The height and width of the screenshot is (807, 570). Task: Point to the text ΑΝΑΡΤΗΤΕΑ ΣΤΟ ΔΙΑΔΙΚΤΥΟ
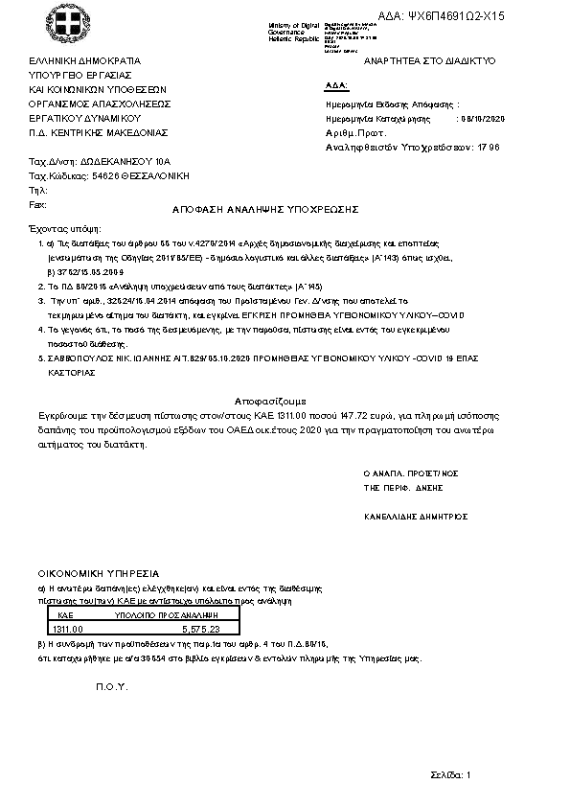(429, 60)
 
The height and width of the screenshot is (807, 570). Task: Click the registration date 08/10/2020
(482, 118)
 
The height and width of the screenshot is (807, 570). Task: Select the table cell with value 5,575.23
(200, 629)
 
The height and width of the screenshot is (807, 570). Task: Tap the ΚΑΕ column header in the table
(66, 614)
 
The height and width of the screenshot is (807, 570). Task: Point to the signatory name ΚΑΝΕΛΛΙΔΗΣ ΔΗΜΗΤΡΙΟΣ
(415, 516)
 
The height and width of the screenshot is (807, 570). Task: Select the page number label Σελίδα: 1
(450, 774)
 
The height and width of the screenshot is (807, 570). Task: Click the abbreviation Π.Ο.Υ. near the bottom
(111, 689)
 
